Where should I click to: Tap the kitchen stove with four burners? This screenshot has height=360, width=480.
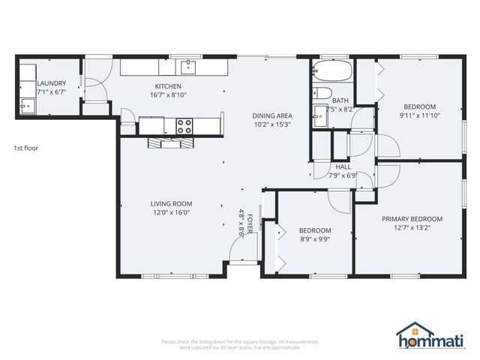[184, 124]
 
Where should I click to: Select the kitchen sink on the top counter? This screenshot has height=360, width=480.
[187, 67]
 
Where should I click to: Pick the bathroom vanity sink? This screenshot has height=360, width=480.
[321, 113]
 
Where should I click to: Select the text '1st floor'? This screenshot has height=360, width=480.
[25, 148]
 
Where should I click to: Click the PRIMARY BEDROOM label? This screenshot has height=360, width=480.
[412, 219]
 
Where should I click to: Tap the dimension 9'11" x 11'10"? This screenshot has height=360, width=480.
[419, 115]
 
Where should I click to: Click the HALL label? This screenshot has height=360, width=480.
[343, 167]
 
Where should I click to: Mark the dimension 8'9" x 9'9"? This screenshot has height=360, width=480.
[314, 240]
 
